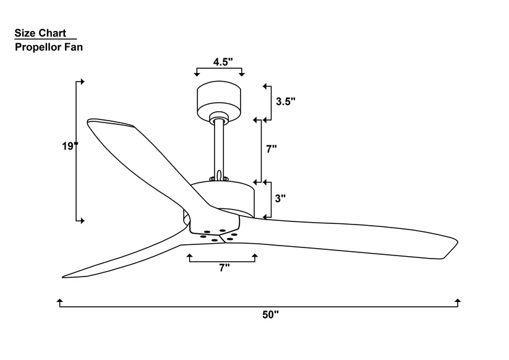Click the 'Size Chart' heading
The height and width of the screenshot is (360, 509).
40,33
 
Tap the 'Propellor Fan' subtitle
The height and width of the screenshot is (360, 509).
49,47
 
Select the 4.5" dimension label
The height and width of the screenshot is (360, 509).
223,62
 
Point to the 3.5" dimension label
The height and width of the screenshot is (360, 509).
286,101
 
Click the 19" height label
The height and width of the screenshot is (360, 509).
70,146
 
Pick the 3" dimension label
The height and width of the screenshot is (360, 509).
280,199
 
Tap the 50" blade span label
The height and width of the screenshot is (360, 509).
270,315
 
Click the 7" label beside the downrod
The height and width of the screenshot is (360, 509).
272,149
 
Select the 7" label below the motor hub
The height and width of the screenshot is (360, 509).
225,268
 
